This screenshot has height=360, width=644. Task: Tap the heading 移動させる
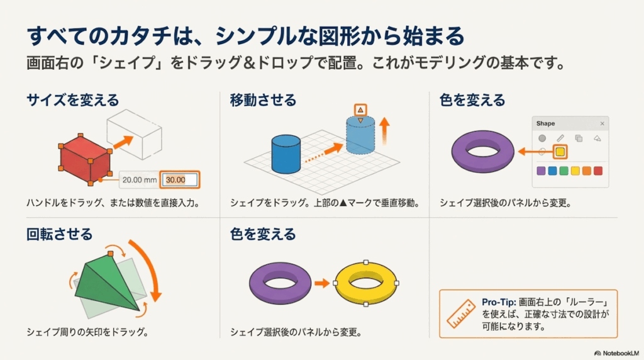(263, 100)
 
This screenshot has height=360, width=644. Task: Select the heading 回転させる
(60, 235)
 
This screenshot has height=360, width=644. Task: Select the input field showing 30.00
(179, 179)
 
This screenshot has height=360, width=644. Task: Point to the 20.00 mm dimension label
(140, 179)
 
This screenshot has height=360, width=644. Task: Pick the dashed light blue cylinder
(361, 133)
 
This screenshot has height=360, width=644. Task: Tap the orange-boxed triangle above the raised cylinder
(360, 110)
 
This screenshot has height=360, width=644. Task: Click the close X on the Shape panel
(602, 124)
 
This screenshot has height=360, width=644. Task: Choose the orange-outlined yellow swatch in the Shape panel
(560, 152)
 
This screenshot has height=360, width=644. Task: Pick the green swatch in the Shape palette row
(564, 171)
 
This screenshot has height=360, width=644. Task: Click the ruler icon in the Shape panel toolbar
(560, 138)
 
